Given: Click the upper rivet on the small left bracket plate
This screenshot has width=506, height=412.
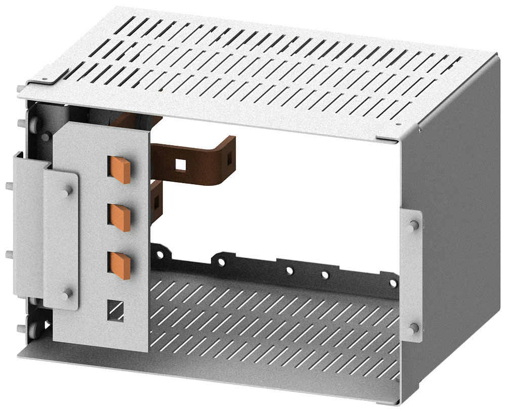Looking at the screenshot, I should [68, 190].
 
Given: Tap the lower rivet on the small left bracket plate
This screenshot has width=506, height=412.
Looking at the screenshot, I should [68, 293].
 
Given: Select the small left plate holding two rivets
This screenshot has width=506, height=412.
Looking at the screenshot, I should [61, 240].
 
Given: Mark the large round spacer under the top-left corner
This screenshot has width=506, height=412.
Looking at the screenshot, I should [36, 124].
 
